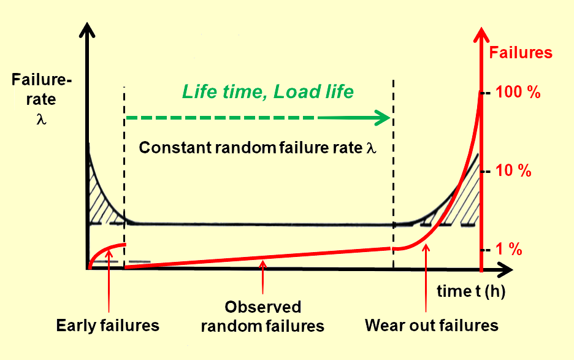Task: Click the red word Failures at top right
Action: tap(521, 53)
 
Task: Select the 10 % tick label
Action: tap(513, 171)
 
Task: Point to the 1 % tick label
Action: tap(509, 250)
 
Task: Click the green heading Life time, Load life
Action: tap(267, 91)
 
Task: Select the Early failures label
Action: tap(107, 325)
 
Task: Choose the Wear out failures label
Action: tap(432, 325)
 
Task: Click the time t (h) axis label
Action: tap(471, 291)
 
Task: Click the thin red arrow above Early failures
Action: tap(108, 282)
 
